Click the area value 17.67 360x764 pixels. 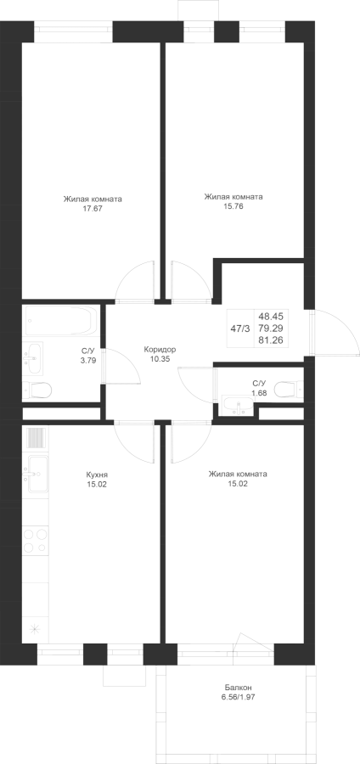coord(93,208)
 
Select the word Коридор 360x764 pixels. coord(160,350)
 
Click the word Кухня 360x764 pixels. coord(97,475)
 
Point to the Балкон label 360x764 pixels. coord(239,687)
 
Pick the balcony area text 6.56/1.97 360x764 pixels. coord(239,697)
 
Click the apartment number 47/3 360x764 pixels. coord(239,329)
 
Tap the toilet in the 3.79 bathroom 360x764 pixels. coord(38,390)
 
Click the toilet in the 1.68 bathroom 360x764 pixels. coord(288,389)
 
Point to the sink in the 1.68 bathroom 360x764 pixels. coord(239,406)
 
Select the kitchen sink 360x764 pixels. coord(37,473)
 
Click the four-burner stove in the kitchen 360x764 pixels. coord(36,540)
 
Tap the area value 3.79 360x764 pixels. coord(88,361)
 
